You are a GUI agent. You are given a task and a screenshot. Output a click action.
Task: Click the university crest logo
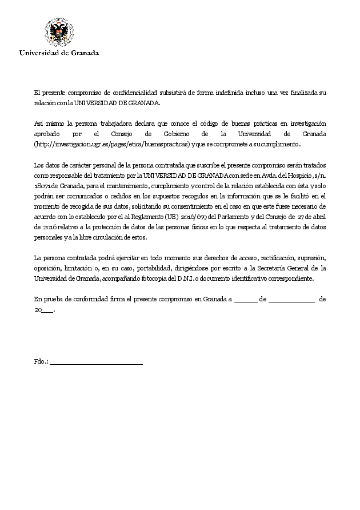[59, 33]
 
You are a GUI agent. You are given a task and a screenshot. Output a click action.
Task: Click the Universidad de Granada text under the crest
[59, 53]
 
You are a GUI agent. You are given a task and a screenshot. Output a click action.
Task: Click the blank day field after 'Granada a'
[246, 300]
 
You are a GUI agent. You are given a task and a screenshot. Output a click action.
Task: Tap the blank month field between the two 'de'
[291, 300]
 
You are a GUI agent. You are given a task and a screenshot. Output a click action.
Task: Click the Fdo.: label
[41, 362]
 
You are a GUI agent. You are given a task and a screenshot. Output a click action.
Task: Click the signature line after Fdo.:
[97, 363]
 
